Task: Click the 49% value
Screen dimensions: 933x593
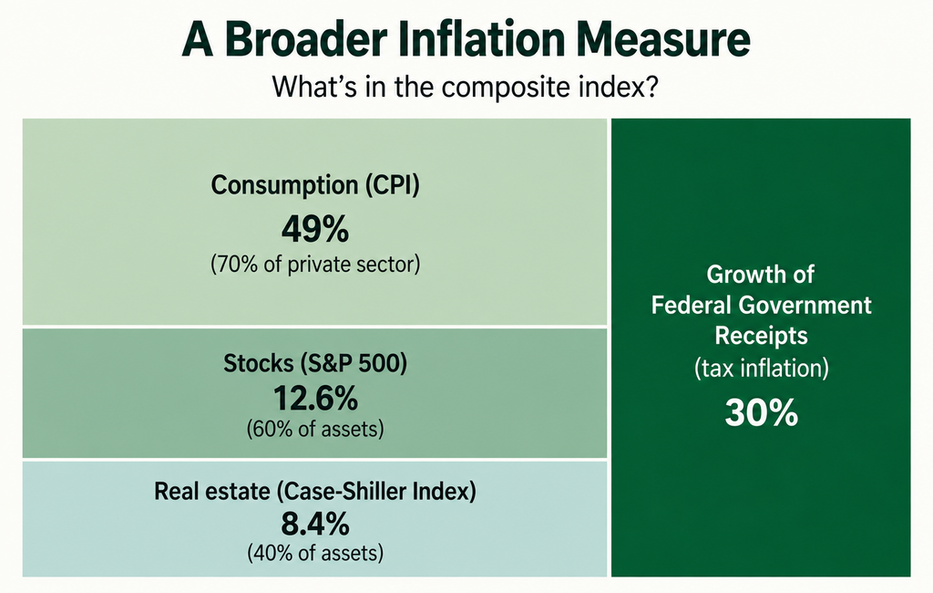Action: point(315,229)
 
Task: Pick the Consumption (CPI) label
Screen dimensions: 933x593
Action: point(315,185)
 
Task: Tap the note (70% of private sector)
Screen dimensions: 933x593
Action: point(315,264)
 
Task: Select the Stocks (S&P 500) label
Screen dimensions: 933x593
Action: point(315,363)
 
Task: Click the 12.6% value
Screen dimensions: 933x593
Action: point(315,398)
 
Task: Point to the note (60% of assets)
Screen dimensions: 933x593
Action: point(315,429)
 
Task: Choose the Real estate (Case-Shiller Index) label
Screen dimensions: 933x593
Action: point(315,491)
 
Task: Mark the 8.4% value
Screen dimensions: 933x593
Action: point(315,525)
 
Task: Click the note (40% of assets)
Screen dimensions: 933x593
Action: point(315,553)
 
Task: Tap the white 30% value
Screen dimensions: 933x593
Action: point(761,412)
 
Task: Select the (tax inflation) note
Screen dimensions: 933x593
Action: point(761,368)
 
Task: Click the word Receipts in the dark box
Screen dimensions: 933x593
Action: point(761,336)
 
